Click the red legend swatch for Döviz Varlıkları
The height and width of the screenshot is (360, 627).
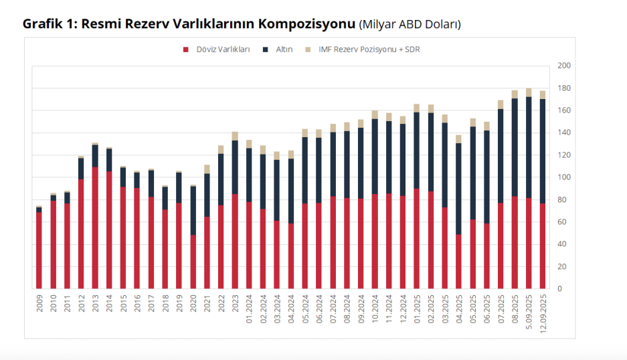[x=185, y=50]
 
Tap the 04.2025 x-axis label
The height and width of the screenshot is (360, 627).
[x=459, y=306]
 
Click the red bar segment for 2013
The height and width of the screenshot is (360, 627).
[x=95, y=228]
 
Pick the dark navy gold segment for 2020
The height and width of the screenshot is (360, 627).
[x=193, y=210]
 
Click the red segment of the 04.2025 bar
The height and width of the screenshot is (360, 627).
[x=459, y=261]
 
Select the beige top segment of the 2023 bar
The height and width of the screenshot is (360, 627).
[x=235, y=136]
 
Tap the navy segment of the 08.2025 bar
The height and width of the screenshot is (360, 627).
[x=515, y=147]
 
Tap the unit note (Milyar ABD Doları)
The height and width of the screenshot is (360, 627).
[x=410, y=25]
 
